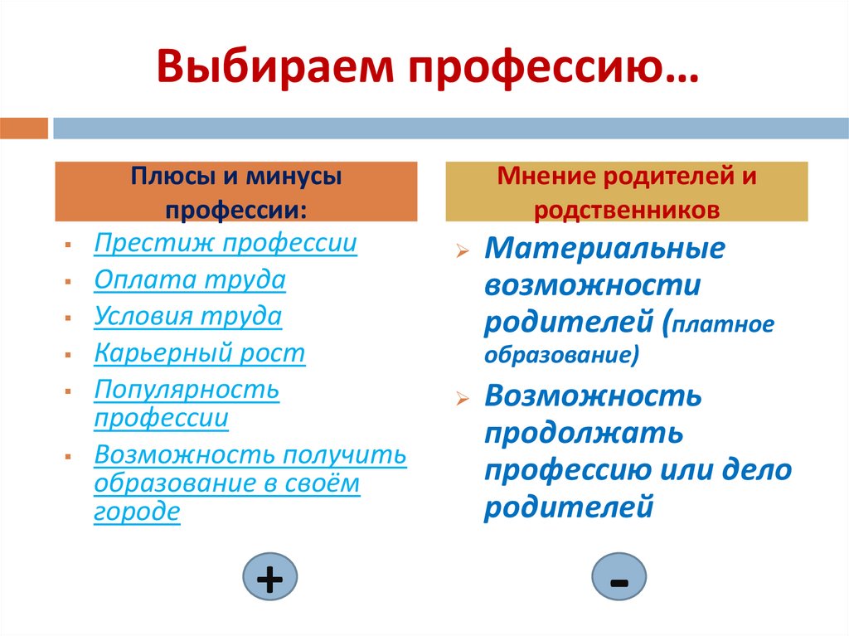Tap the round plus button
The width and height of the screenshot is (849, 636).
point(269,579)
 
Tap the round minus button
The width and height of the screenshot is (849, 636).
point(619,579)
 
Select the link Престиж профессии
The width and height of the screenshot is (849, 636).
point(226,243)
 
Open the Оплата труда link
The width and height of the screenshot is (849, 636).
point(190,279)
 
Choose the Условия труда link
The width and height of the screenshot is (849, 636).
point(187,316)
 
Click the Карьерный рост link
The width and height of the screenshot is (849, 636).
point(199,353)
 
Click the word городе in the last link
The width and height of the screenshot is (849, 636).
point(137,512)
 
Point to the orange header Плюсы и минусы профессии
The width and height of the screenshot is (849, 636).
point(235,192)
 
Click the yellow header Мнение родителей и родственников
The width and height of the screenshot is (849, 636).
point(626,192)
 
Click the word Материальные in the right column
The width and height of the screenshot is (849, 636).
point(604,249)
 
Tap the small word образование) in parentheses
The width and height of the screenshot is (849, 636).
point(561,355)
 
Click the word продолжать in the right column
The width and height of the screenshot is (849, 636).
point(584,433)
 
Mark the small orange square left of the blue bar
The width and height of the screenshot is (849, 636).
point(24,128)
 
